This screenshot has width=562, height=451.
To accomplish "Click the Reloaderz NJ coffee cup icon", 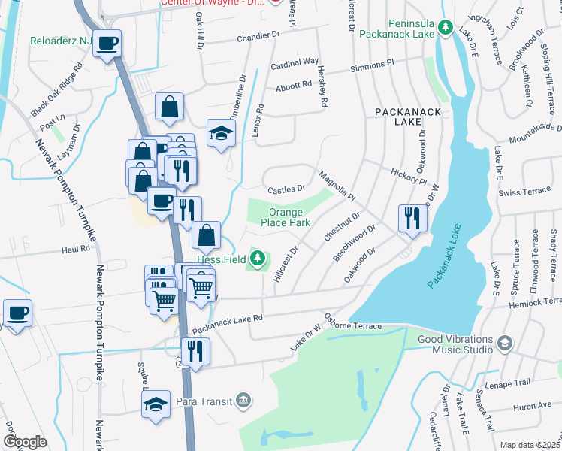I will point(107,43).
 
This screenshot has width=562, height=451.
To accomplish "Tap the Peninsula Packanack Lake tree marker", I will point(445,28).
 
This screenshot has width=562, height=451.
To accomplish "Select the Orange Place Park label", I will point(286,218).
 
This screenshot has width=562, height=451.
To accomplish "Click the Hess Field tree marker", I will point(258,259).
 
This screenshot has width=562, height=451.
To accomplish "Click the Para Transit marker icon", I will point(243,398).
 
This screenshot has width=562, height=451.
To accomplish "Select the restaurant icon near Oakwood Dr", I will point(412,218).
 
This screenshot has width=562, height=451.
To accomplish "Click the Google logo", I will point(25,442).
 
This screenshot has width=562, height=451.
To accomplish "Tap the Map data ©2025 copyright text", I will point(530,445).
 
